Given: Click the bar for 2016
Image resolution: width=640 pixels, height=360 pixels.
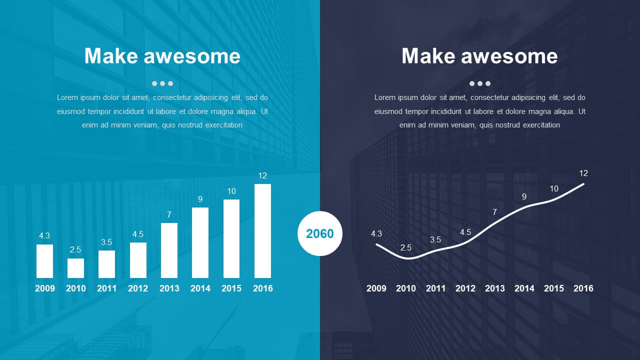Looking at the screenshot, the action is coord(262,231).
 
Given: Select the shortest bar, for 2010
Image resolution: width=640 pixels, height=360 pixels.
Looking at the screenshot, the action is coord(75,268).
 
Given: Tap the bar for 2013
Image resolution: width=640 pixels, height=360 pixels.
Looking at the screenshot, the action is coord(169,250).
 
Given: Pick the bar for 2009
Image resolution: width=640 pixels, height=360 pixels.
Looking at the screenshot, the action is coord(44,261).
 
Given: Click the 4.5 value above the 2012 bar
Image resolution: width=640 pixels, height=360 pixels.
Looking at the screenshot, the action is coord(138,234).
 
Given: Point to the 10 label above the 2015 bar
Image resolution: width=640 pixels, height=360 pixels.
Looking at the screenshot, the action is coord(231,191).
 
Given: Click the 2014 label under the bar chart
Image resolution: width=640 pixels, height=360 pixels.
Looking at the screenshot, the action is coord(200,288).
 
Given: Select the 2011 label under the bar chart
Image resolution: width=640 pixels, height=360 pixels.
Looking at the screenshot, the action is coord(107,288).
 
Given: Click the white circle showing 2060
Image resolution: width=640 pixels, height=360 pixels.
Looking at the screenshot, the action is coord(319,233).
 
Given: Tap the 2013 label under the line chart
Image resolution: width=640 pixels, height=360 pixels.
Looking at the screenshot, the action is coord(495,288).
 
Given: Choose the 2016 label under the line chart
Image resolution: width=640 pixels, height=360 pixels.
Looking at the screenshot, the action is coord(583,288).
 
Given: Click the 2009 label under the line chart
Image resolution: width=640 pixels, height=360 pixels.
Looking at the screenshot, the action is coord(376,288).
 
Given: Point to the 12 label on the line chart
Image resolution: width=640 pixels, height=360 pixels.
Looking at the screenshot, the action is coord(583,173).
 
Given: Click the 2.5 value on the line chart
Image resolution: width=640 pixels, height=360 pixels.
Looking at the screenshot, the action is coord(405,247).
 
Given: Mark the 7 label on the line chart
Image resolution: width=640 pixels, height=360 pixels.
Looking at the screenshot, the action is coord(494,212).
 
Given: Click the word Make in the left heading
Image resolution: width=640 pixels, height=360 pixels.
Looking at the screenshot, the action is coord(110,55).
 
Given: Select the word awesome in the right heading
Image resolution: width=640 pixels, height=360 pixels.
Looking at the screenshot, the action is coord(509,56).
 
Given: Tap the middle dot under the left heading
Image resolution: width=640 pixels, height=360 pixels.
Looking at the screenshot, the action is coord(162,83).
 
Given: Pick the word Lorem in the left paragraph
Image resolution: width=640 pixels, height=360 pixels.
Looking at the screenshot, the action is coord(67,97).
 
